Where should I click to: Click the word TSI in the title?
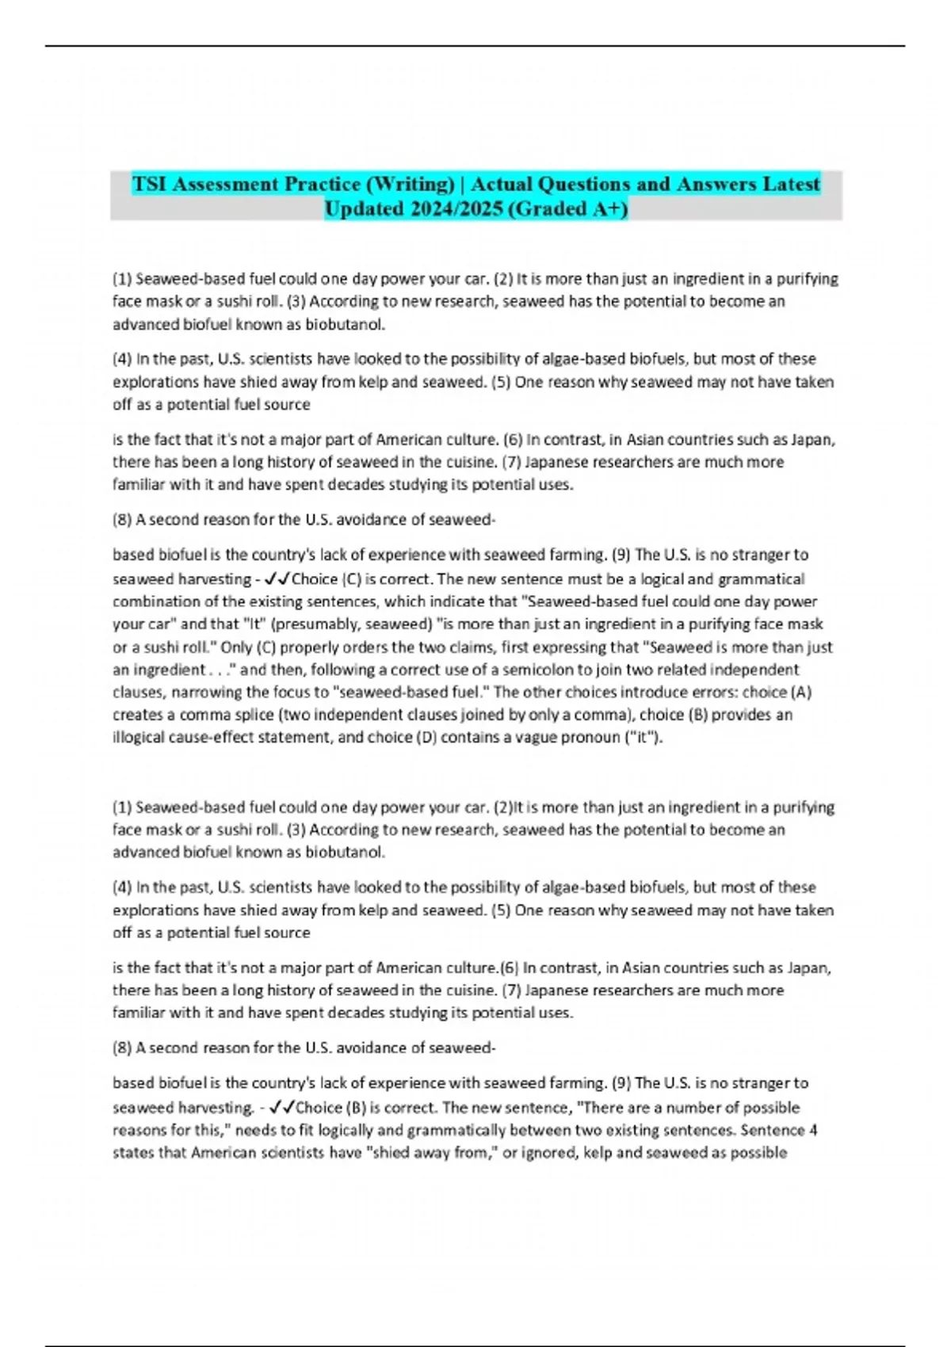[x=150, y=185]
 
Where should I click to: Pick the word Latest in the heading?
[x=791, y=185]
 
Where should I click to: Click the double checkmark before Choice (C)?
[x=279, y=579]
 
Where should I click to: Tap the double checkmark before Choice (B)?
[x=282, y=1108]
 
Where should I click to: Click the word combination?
[x=154, y=602]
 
